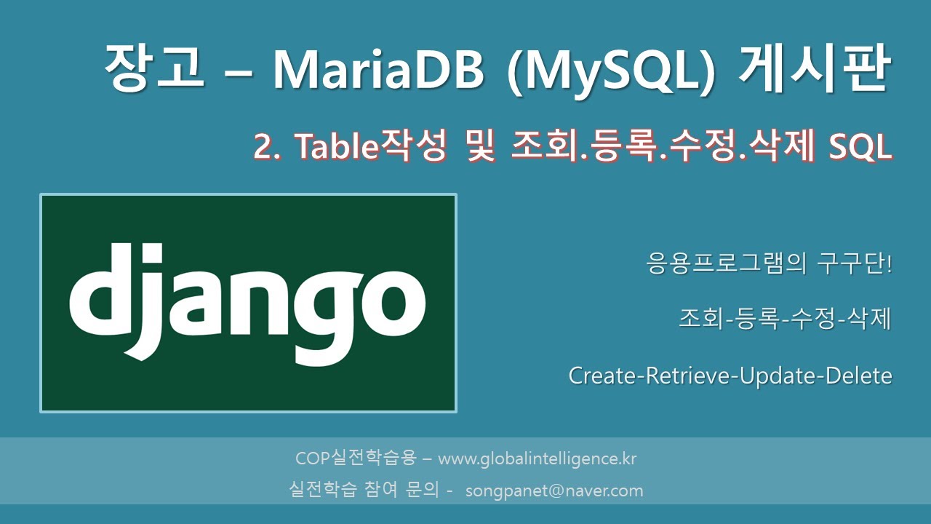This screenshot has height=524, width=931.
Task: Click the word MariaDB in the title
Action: pyautogui.click(x=378, y=71)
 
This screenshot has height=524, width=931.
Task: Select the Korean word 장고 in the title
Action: pyautogui.click(x=153, y=69)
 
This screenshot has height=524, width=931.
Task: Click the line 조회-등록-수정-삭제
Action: pyautogui.click(x=784, y=319)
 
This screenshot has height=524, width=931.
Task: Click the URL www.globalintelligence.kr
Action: pyautogui.click(x=538, y=459)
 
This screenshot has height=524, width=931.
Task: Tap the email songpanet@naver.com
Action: pyautogui.click(x=554, y=491)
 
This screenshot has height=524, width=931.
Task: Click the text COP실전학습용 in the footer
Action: pyautogui.click(x=356, y=459)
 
